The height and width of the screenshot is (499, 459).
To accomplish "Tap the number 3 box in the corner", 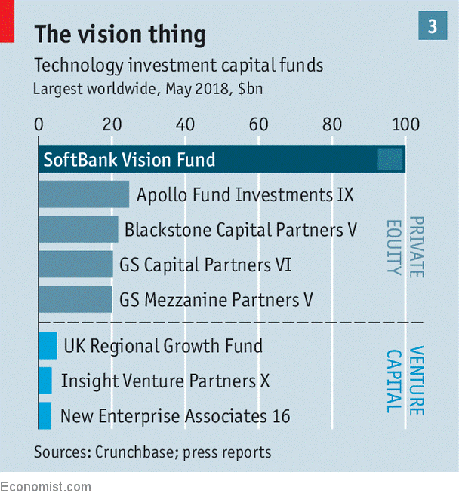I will click(x=432, y=26).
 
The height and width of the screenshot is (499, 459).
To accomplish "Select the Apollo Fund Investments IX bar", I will click(x=83, y=195).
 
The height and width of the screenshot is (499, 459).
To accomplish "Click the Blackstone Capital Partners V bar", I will click(x=78, y=230).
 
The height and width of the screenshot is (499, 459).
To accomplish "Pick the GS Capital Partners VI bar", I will click(x=75, y=265).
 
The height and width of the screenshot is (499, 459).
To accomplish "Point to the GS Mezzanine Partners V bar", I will click(x=75, y=299).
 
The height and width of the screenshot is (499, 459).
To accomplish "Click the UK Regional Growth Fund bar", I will click(x=48, y=346).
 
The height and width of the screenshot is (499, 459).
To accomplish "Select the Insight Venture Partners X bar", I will click(x=45, y=381).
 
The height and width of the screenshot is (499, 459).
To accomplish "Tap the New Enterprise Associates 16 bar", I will click(x=45, y=415).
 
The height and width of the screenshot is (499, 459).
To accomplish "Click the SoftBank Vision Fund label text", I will click(x=129, y=160).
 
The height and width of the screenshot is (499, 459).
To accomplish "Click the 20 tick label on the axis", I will click(x=112, y=124).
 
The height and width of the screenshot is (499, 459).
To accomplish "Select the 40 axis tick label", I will click(x=186, y=124).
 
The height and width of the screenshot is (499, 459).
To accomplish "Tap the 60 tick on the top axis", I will click(x=259, y=124).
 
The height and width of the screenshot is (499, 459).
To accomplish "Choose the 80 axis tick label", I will click(x=333, y=124).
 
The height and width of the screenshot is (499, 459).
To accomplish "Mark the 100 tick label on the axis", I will click(x=406, y=124).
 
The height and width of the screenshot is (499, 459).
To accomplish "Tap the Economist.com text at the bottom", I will click(x=45, y=487).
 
